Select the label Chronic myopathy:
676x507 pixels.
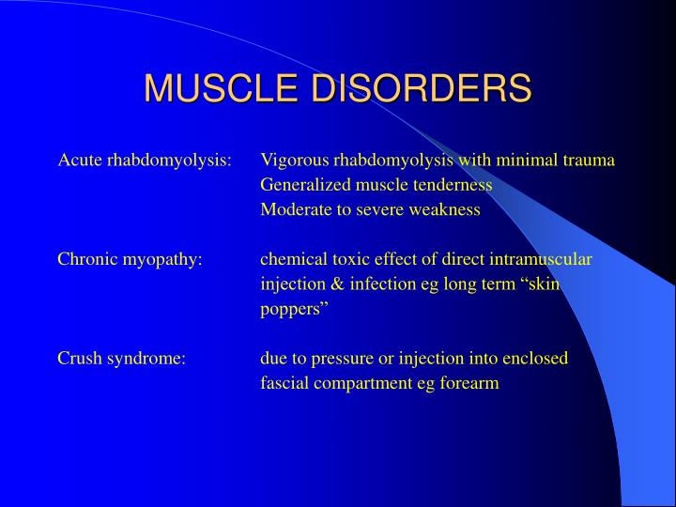(131, 259)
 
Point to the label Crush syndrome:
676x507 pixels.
(122, 359)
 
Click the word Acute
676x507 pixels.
(80, 160)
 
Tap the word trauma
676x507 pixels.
(589, 160)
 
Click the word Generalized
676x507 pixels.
(303, 185)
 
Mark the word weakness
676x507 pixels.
(444, 209)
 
